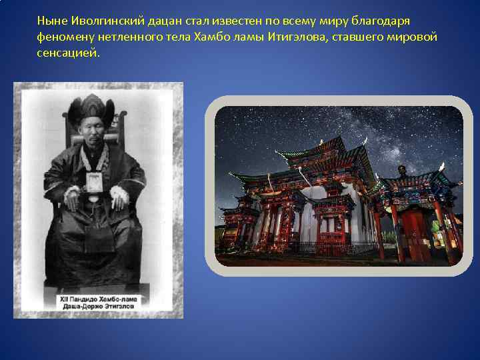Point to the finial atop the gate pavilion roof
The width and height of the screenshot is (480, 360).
[x=401, y=171]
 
